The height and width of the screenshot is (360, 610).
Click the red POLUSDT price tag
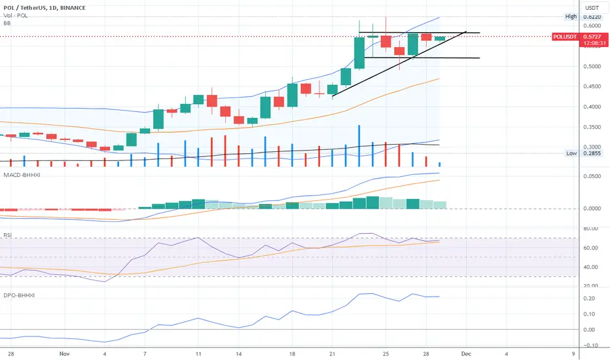coord(565,37)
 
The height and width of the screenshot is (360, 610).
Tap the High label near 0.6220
coord(571,16)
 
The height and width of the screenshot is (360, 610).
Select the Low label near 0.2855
coord(571,153)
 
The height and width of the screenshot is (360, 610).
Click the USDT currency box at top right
coord(592,8)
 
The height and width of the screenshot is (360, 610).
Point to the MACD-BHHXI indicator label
coord(22,175)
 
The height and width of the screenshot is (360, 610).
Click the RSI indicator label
coord(7,235)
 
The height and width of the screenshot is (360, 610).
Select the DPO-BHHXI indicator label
coord(19,295)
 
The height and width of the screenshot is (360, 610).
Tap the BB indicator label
coord(7,24)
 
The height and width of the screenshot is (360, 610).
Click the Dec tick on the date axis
coord(466,353)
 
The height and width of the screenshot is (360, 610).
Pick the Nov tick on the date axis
coord(65,353)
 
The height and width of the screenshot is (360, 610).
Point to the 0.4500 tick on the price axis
coord(592,86)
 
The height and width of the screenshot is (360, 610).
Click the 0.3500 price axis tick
coord(592,127)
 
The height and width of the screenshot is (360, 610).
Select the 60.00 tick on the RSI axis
coord(590,248)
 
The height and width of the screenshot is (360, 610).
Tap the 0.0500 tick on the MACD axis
coord(592,176)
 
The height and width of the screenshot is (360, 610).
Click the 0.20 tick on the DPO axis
coord(589,298)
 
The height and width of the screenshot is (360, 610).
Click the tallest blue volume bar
coord(359,146)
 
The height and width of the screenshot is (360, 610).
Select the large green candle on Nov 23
coord(359,52)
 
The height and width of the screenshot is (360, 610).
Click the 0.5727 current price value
coord(592,37)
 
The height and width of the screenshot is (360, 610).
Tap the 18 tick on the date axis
coord(292,353)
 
